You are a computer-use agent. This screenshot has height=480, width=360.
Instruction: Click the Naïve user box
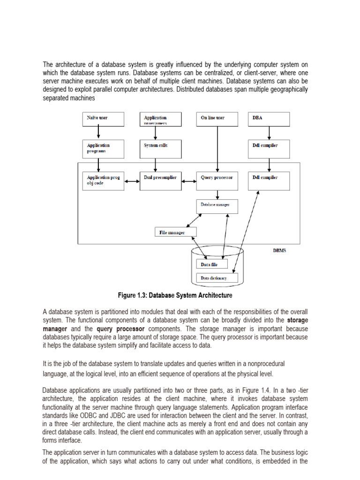103,119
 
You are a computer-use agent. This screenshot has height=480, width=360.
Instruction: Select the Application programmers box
160,119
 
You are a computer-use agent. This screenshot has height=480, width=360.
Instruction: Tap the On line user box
217,119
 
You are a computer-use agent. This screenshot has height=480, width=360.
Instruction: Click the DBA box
269,119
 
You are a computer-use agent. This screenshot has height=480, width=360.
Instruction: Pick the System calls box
160,148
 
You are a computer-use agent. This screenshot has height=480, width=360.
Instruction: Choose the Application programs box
103,148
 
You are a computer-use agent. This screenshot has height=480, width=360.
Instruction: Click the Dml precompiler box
160,180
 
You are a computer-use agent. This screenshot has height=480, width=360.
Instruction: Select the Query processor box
217,180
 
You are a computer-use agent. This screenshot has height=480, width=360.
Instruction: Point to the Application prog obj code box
103,180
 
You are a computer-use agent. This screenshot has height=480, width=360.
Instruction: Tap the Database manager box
217,206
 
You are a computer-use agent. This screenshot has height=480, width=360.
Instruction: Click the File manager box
176,232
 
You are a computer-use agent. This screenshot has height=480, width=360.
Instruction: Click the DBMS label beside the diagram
279,250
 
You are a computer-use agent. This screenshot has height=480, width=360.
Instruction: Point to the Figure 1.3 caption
174,295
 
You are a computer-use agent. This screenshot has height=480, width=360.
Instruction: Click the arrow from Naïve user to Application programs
98,133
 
